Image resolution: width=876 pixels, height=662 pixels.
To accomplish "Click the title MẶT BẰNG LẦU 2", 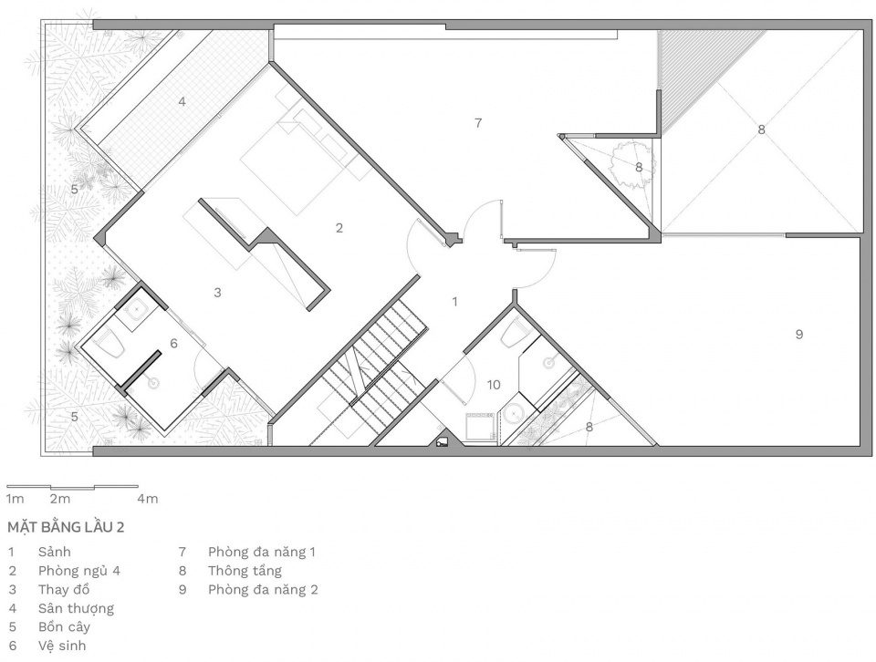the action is click(x=66, y=527).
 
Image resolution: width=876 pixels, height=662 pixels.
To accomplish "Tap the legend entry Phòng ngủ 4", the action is click(x=79, y=571).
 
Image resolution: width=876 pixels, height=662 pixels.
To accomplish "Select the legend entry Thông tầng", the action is click(x=245, y=571).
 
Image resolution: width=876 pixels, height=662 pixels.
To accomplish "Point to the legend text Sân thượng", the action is click(x=76, y=608).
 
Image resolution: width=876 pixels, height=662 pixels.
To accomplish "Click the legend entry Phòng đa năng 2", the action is click(x=263, y=589).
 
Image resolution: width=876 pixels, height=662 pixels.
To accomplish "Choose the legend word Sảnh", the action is click(x=54, y=552).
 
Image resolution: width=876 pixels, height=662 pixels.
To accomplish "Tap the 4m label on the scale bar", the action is click(x=148, y=499).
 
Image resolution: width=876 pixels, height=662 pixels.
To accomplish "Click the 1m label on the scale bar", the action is click(x=15, y=499).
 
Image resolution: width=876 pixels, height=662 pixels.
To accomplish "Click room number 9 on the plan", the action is click(x=799, y=335).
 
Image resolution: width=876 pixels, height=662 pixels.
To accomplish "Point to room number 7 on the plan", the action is click(x=477, y=123).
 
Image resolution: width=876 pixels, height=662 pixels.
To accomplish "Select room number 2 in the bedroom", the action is click(x=339, y=228).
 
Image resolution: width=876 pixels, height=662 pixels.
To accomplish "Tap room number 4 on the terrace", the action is click(x=182, y=101).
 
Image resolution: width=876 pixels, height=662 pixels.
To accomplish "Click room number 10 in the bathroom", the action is click(x=494, y=385).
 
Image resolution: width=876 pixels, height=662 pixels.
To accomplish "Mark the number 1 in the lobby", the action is click(x=454, y=302).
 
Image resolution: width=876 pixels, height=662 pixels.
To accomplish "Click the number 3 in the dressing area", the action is click(x=217, y=292).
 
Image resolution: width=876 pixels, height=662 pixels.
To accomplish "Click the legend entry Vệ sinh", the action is click(x=62, y=646).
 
